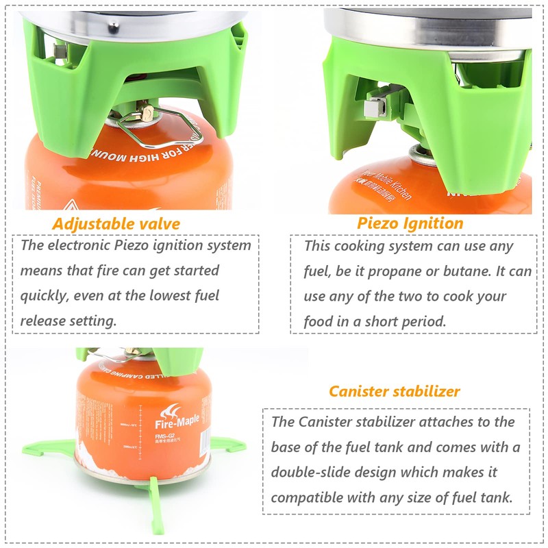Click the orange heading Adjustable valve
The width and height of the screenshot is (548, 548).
[x=116, y=223]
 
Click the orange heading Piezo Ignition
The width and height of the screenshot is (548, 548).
[x=410, y=223]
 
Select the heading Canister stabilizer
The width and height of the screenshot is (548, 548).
[x=395, y=391]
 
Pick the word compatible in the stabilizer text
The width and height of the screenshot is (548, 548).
[x=306, y=497]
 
